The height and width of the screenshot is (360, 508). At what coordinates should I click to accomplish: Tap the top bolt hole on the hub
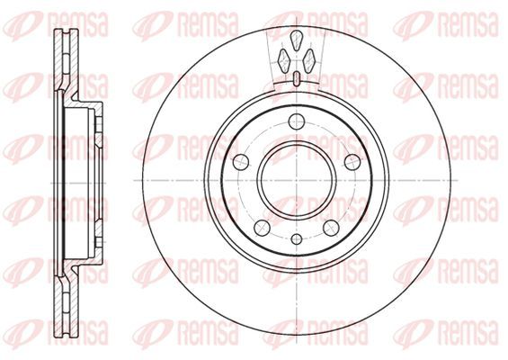[x=297, y=121]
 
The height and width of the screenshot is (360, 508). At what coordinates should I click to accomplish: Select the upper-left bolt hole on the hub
[x=241, y=162]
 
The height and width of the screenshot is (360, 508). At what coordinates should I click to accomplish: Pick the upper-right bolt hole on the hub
[x=352, y=162]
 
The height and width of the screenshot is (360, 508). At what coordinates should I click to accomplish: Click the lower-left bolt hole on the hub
[x=263, y=228]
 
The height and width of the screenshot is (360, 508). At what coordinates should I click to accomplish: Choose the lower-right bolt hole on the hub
[x=332, y=228]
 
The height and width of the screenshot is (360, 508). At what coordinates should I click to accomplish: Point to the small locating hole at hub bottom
[x=297, y=239]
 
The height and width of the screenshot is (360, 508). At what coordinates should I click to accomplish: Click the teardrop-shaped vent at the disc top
[x=296, y=40]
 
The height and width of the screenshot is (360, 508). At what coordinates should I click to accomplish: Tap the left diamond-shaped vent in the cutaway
[x=284, y=61]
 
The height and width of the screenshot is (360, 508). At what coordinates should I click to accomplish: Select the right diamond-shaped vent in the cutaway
[x=308, y=61]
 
